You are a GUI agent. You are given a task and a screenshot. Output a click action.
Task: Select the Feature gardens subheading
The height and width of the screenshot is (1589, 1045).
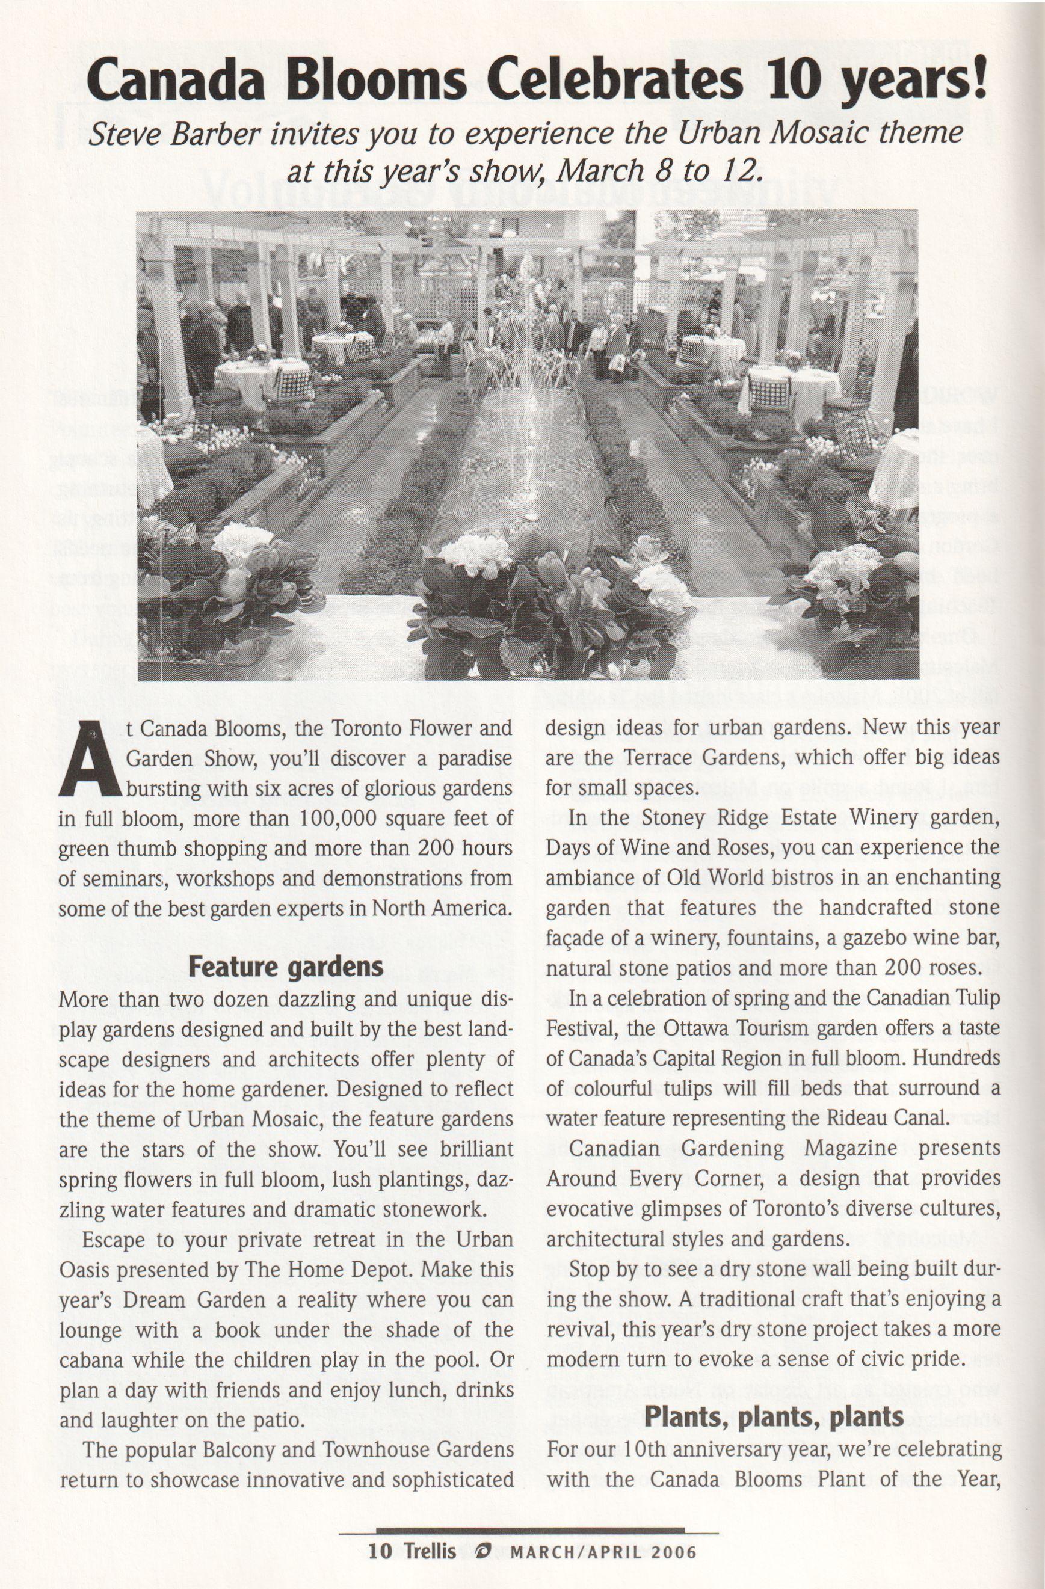(286, 967)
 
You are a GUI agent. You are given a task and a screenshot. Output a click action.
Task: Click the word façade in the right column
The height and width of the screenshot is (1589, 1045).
(578, 938)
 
